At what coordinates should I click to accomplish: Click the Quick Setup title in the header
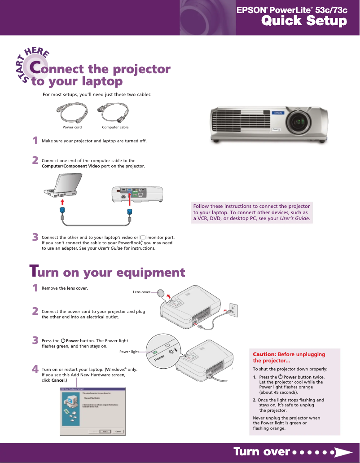coord(304,21)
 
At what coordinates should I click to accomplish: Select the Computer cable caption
coord(115,127)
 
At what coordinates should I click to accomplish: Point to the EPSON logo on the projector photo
coord(278,113)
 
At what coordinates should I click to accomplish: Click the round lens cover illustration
coord(162,293)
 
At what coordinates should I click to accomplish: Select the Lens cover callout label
coord(141,292)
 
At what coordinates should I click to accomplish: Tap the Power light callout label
coord(129,352)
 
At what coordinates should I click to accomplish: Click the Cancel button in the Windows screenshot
coord(118,431)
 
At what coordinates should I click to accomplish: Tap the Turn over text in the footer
coord(261,452)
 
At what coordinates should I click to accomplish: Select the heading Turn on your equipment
coord(107,272)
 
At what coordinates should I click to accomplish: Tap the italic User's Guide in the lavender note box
coord(294,219)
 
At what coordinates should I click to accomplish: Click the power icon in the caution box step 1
coord(281,376)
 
